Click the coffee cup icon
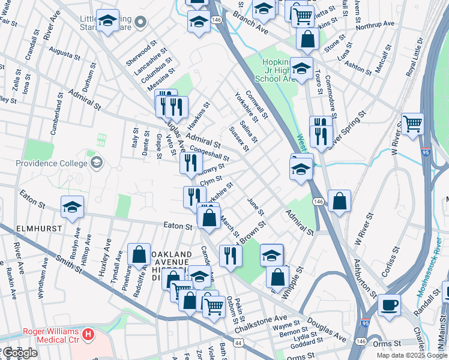tap(389, 305)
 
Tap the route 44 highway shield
tap(239, 342)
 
